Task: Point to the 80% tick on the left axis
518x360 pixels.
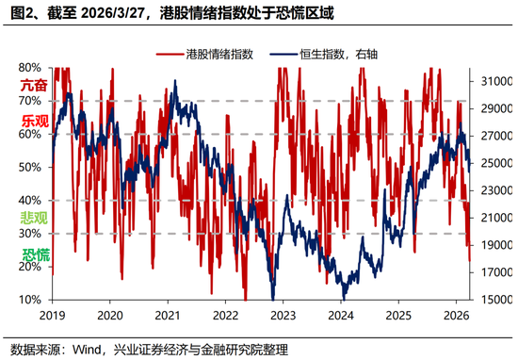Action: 30,68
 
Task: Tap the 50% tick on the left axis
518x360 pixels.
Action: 30,167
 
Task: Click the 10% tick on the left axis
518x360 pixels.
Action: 30,300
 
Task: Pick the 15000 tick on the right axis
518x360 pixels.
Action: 493,300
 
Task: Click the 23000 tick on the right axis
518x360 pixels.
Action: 493,190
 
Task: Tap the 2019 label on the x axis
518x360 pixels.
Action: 53,316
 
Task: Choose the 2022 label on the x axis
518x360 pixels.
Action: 226,316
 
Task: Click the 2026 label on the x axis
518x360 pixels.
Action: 457,316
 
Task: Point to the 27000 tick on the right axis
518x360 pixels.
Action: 493,136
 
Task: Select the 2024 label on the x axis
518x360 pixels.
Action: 342,316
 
